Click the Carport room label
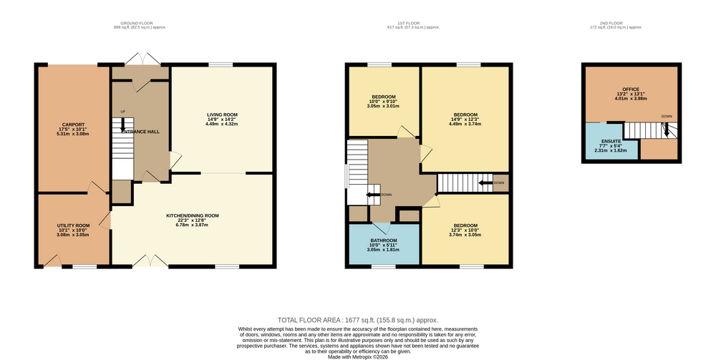(x=73, y=125)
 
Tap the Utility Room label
(x=73, y=226)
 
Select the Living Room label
(x=223, y=115)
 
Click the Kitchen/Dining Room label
(x=192, y=216)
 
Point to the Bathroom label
(x=384, y=240)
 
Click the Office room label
(x=631, y=89)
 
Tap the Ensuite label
(x=611, y=142)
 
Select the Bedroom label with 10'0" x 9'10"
(x=384, y=97)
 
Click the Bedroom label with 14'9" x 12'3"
(x=465, y=115)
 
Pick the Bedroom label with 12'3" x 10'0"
(x=465, y=225)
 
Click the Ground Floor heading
(x=137, y=24)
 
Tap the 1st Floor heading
(x=408, y=24)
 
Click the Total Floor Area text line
(x=358, y=321)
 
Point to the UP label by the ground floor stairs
(x=123, y=112)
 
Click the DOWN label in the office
(x=667, y=117)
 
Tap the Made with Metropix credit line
(x=358, y=357)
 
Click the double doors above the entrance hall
(x=143, y=59)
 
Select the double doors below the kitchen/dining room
(x=150, y=261)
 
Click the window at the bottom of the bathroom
(x=384, y=266)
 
